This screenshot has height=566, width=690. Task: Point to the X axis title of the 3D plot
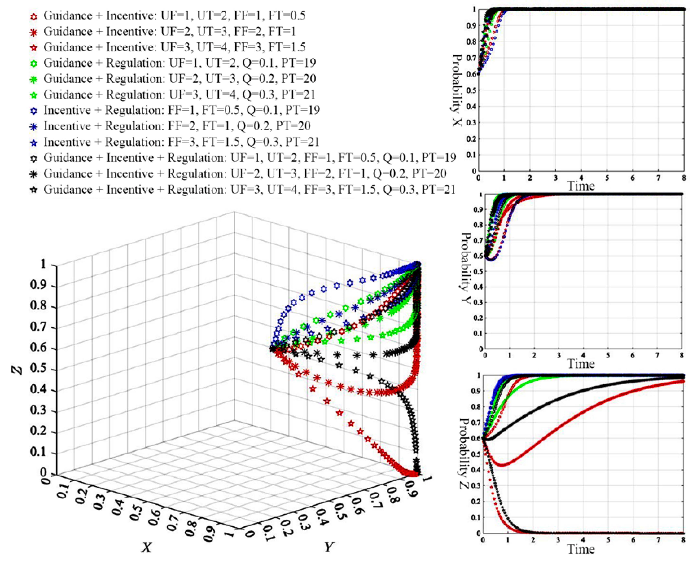pyautogui.click(x=146, y=547)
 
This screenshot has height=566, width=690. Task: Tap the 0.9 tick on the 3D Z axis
pyautogui.click(x=39, y=285)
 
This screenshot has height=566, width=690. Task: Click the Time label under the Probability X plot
pyautogui.click(x=581, y=186)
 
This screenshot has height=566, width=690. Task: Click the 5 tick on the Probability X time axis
pyautogui.click(x=607, y=178)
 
